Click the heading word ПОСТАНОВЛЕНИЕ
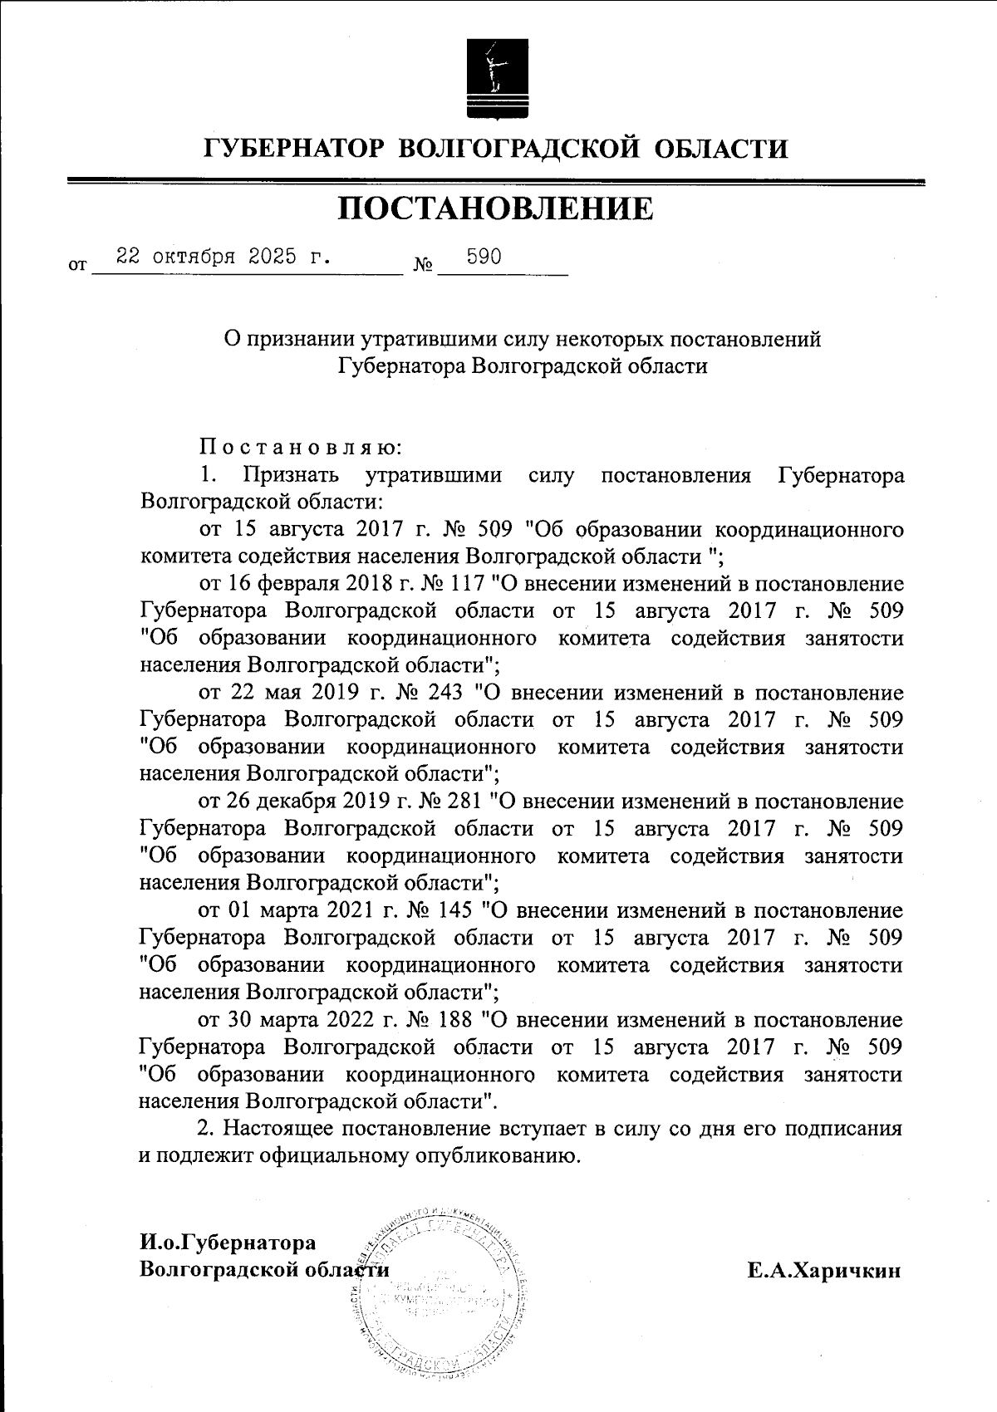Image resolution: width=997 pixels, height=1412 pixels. pos(495,208)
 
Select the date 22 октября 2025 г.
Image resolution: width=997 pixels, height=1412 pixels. pos(223,256)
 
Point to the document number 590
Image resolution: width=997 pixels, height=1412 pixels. pos(484,256)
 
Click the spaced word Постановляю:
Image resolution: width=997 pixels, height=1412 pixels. pos(300,448)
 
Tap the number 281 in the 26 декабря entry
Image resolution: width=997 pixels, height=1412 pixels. pos(462,802)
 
